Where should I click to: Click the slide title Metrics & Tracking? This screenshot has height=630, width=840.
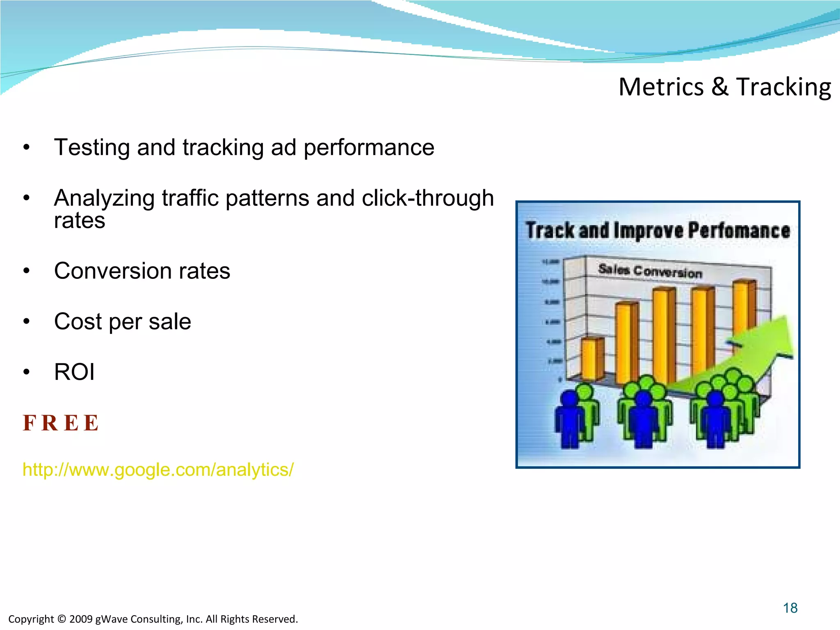(724, 87)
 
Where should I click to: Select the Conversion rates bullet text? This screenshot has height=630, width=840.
(142, 271)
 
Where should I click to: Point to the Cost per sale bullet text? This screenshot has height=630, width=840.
(122, 322)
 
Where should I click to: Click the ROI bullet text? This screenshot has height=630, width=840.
(74, 372)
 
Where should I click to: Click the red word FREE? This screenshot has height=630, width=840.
(61, 423)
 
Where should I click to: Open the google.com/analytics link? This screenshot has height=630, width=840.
(158, 470)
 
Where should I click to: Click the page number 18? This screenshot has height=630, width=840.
(790, 608)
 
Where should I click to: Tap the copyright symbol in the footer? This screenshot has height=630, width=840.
(62, 619)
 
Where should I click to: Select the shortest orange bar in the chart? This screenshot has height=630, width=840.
(592, 359)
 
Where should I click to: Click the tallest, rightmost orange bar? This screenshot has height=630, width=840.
(743, 308)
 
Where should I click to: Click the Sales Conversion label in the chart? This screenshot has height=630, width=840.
(650, 271)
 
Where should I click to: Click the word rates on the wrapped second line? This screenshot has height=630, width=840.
(80, 221)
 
